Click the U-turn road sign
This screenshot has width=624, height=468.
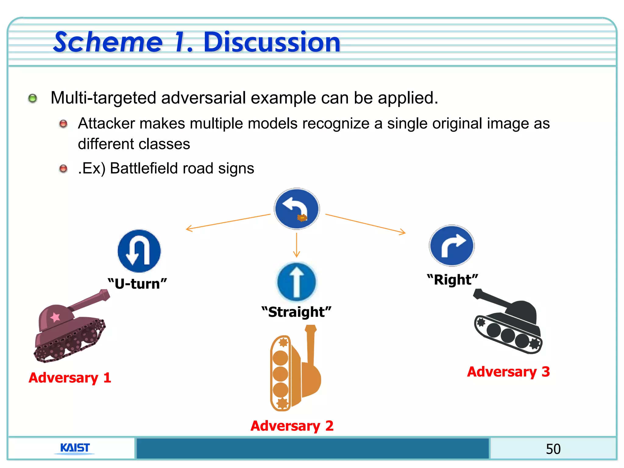(139, 251)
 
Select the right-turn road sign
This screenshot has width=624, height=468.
(452, 246)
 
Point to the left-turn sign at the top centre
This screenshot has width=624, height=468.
(297, 209)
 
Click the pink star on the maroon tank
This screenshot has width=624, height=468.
(55, 317)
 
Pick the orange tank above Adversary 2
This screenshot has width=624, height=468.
(295, 369)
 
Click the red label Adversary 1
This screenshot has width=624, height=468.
(70, 378)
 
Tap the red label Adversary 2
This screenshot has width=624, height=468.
(292, 426)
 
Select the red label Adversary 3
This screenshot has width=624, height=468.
(508, 372)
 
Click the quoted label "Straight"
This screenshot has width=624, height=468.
(296, 312)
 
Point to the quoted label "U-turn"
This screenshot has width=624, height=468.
(137, 284)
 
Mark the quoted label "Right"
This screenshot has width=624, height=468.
(452, 279)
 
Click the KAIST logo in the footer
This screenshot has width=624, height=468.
(75, 448)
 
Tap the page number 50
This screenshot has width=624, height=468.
(553, 449)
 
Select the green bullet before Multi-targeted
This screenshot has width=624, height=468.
(33, 98)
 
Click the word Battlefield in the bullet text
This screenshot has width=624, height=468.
(161, 168)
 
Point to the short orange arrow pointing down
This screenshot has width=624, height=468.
(296, 246)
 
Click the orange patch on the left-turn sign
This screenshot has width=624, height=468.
(302, 218)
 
